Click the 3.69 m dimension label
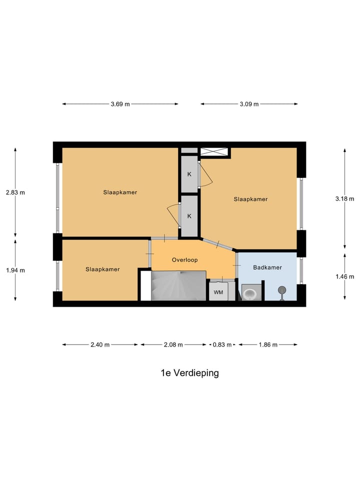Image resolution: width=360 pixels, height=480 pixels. pyautogui.click(x=120, y=104)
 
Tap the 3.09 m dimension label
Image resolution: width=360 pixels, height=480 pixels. pyautogui.click(x=249, y=104)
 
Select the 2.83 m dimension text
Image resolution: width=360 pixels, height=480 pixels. pyautogui.click(x=15, y=192)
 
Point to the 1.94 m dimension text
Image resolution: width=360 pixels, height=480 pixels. pyautogui.click(x=15, y=270)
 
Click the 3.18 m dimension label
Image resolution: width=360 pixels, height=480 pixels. pyautogui.click(x=344, y=198)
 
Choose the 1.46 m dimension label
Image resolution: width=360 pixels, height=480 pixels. pyautogui.click(x=344, y=276)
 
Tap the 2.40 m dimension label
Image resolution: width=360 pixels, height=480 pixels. pyautogui.click(x=100, y=344)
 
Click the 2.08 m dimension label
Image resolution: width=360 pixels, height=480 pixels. pyautogui.click(x=173, y=344)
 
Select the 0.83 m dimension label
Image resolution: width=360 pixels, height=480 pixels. pyautogui.click(x=222, y=344)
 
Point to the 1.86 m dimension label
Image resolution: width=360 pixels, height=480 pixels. pyautogui.click(x=268, y=344)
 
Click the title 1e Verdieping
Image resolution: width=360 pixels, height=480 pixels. pyautogui.click(x=189, y=373)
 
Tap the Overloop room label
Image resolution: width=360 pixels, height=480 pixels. pyautogui.click(x=185, y=260)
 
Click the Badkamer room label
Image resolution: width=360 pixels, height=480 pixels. pyautogui.click(x=267, y=267)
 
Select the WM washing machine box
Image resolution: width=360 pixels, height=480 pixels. pyautogui.click(x=218, y=291)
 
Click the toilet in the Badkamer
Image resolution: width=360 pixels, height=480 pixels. pyautogui.click(x=250, y=292)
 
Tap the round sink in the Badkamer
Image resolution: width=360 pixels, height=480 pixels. pyautogui.click(x=282, y=289)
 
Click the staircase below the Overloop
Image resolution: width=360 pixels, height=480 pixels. pyautogui.click(x=178, y=286)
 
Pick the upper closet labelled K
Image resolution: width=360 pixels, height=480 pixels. pyautogui.click(x=189, y=174)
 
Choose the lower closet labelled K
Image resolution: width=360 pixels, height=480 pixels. pyautogui.click(x=189, y=216)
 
